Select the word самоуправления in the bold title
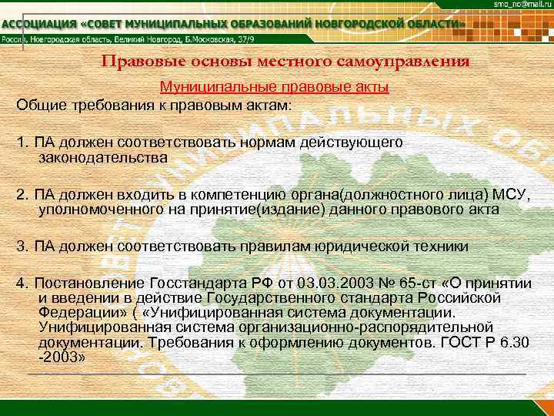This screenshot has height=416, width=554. [x=403, y=62]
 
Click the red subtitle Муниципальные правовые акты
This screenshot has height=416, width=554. [x=274, y=88]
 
